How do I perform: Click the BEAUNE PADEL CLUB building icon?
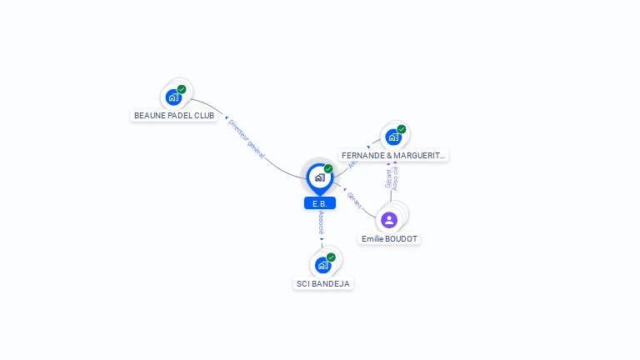click(x=173, y=97)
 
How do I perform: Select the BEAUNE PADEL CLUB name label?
click(x=174, y=116)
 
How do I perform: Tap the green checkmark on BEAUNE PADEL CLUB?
click(x=182, y=89)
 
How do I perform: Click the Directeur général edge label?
click(x=247, y=138)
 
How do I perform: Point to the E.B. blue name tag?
click(x=320, y=203)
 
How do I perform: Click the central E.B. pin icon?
click(x=319, y=177)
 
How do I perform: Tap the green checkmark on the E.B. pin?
click(x=328, y=169)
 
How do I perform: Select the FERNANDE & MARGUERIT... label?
click(x=393, y=156)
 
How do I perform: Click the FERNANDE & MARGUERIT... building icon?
click(x=392, y=137)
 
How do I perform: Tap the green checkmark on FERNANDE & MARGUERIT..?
click(x=402, y=129)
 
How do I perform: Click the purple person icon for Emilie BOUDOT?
click(x=389, y=220)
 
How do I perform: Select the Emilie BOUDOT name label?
click(x=389, y=239)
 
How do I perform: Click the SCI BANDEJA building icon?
click(x=322, y=265)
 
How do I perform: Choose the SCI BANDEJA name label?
click(x=323, y=283)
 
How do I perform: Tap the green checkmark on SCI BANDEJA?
click(x=331, y=257)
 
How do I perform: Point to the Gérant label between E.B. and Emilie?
click(x=354, y=200)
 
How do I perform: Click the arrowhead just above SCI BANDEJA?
click(x=322, y=240)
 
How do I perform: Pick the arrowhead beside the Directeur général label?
click(x=227, y=118)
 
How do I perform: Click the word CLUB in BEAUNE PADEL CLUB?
click(x=203, y=116)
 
